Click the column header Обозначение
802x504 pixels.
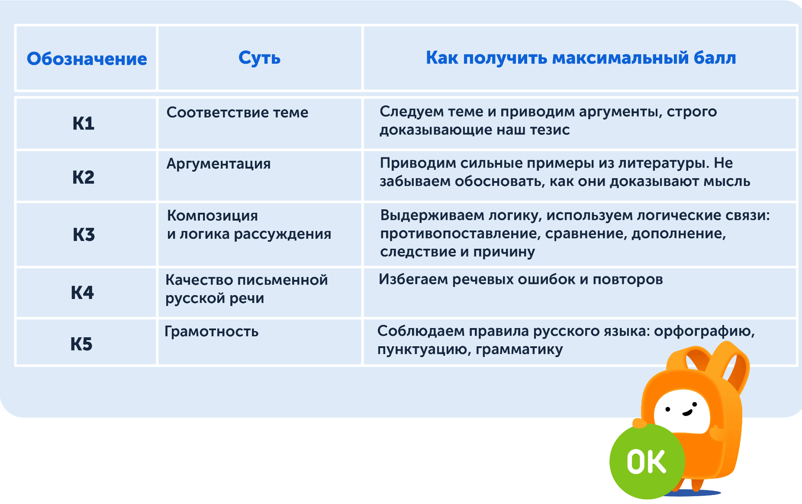[87, 59]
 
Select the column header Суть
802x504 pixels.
[260, 58]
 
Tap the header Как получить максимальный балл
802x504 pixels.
[581, 58]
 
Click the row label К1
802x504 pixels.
[84, 124]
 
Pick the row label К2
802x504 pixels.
[84, 177]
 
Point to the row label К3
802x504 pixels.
[84, 234]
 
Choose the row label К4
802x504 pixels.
[82, 293]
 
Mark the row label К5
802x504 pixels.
[81, 344]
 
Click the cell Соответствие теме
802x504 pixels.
[237, 112]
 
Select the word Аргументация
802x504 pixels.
[219, 164]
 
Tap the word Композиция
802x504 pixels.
[213, 216]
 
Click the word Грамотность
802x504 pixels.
[212, 332]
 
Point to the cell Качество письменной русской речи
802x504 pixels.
[247, 289]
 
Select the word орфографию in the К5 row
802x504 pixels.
[704, 332]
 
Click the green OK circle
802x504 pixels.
[647, 461]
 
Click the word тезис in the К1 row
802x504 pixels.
[550, 130]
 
